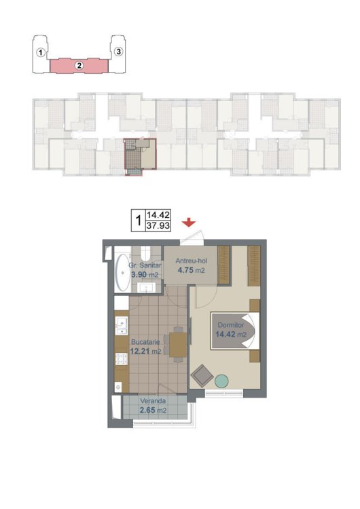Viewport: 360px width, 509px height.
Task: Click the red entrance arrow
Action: [x=188, y=223]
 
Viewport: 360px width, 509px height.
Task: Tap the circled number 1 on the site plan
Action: [x=40, y=52]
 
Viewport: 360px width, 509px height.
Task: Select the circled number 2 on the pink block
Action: [x=79, y=66]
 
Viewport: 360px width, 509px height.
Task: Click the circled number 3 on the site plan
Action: [x=119, y=52]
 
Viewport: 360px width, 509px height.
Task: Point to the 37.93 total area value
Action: [x=158, y=225]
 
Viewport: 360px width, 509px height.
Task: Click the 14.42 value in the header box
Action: [x=158, y=215]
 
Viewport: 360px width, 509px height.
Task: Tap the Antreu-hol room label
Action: [x=191, y=261]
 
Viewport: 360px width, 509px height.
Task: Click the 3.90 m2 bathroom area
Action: [x=145, y=275]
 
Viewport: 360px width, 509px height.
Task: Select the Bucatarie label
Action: [x=145, y=342]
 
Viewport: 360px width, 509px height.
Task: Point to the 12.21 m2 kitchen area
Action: [x=145, y=351]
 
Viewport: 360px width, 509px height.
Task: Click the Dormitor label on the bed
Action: [x=231, y=325]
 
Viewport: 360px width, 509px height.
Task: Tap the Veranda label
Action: [x=153, y=401]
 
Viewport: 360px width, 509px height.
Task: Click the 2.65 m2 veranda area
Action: [x=153, y=410]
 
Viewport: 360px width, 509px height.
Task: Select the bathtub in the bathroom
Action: [x=122, y=272]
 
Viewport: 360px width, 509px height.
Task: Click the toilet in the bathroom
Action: [x=146, y=253]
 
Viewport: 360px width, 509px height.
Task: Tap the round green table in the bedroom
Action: [x=221, y=381]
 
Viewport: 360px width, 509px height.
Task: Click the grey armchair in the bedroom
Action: [x=202, y=375]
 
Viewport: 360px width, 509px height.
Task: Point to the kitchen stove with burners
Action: [x=122, y=358]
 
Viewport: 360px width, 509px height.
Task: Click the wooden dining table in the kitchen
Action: [x=178, y=345]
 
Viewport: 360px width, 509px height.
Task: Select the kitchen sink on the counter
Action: [x=122, y=326]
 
